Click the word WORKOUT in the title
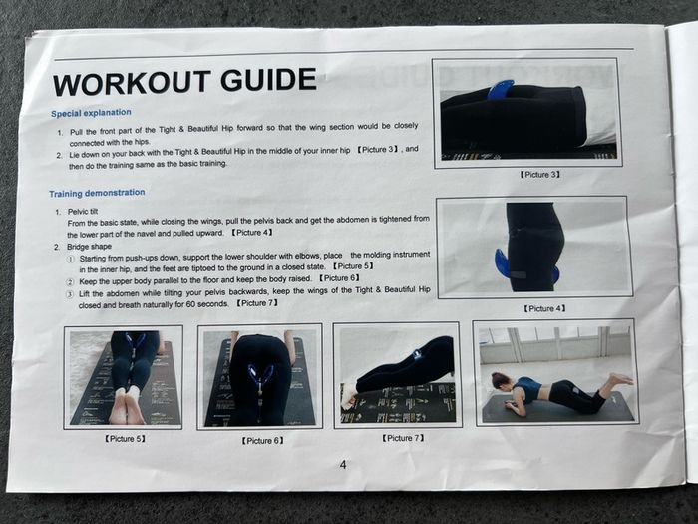(132, 83)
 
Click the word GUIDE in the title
(268, 80)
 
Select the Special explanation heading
(91, 113)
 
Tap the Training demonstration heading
(97, 193)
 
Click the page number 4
(343, 465)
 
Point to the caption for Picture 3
(539, 175)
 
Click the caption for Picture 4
(544, 308)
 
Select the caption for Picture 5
(125, 439)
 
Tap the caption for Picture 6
(262, 441)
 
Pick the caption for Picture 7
(403, 438)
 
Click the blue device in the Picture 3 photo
(501, 90)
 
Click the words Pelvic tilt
(83, 212)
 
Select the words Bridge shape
(89, 247)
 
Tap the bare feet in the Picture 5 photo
(126, 406)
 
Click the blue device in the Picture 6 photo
(261, 382)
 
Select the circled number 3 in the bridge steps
(70, 294)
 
